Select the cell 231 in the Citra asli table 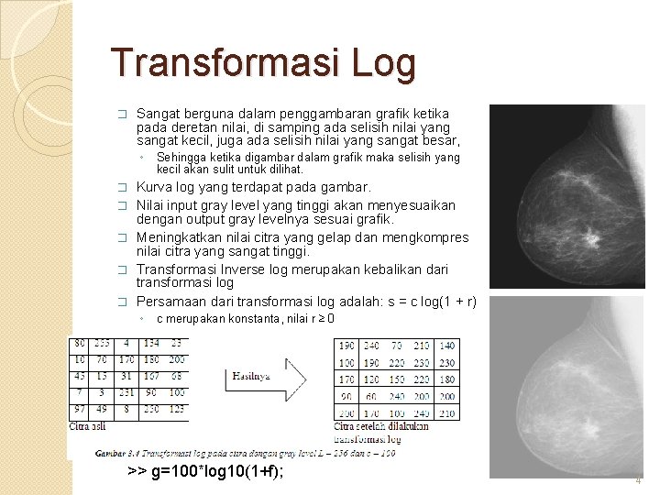tap(126, 392)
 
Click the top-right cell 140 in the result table tap(446, 346)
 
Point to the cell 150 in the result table tap(396, 379)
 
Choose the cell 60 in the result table tap(371, 396)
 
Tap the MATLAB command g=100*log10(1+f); tap(205, 471)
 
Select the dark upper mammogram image tap(567, 196)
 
